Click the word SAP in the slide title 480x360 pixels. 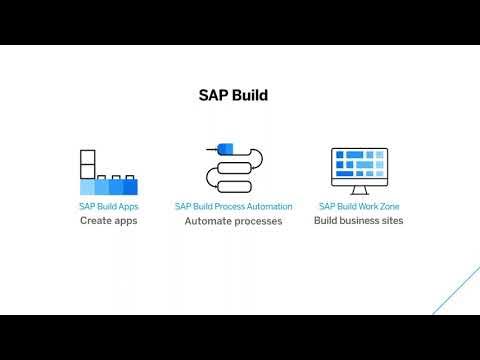click(x=215, y=96)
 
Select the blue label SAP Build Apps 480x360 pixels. click(x=108, y=207)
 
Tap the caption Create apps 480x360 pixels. click(x=108, y=220)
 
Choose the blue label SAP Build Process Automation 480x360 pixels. click(x=233, y=207)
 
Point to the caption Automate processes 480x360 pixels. click(x=233, y=221)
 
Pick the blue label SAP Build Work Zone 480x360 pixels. click(x=359, y=207)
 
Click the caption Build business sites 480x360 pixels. click(x=359, y=220)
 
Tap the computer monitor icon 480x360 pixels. click(x=359, y=170)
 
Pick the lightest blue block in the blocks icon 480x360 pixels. click(x=87, y=186)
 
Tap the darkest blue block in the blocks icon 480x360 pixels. click(x=129, y=186)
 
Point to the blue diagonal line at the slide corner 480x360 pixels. click(x=456, y=290)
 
